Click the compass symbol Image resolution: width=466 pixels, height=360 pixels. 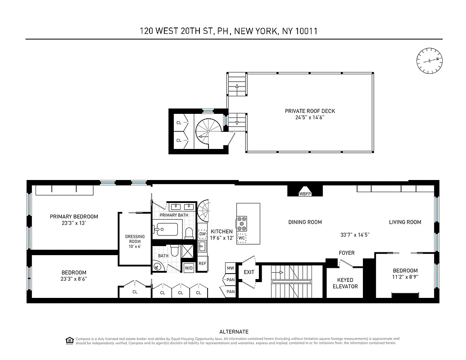pos(430,61)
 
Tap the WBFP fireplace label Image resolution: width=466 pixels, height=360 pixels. pos(305,194)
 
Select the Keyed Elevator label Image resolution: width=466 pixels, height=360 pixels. pos(345,283)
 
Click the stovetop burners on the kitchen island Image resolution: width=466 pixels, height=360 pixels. pos(242,223)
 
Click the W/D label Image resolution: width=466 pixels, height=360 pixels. pos(189,268)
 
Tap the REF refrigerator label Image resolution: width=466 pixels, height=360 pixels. pos(202,264)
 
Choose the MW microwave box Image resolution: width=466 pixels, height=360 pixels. pos(231,268)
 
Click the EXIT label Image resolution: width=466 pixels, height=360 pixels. pos(249,272)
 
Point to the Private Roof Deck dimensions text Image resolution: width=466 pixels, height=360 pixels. pos(310,117)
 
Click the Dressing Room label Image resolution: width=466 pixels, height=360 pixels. pos(135,240)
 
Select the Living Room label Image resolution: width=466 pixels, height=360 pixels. pos(405,222)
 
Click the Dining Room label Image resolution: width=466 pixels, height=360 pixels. pos(305,222)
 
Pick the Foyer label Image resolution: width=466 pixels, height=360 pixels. pos(347,253)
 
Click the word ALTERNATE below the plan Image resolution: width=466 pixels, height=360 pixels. pos(234,332)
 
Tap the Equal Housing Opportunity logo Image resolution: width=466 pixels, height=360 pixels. pos(69,340)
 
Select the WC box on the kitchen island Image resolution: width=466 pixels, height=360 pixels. pos(242,238)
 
